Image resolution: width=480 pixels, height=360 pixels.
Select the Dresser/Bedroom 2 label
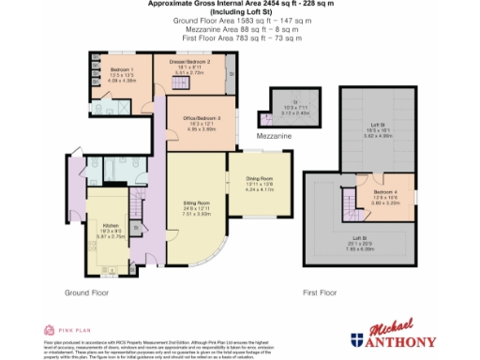(x=195, y=62)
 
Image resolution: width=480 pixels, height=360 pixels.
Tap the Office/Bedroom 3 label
(x=202, y=118)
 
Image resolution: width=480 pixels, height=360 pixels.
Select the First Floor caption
(x=321, y=292)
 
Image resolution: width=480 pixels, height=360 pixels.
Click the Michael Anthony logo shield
(x=358, y=340)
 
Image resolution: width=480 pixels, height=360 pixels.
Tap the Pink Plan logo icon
(x=51, y=330)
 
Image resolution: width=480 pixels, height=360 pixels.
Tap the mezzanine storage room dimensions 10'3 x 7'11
(x=293, y=109)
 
